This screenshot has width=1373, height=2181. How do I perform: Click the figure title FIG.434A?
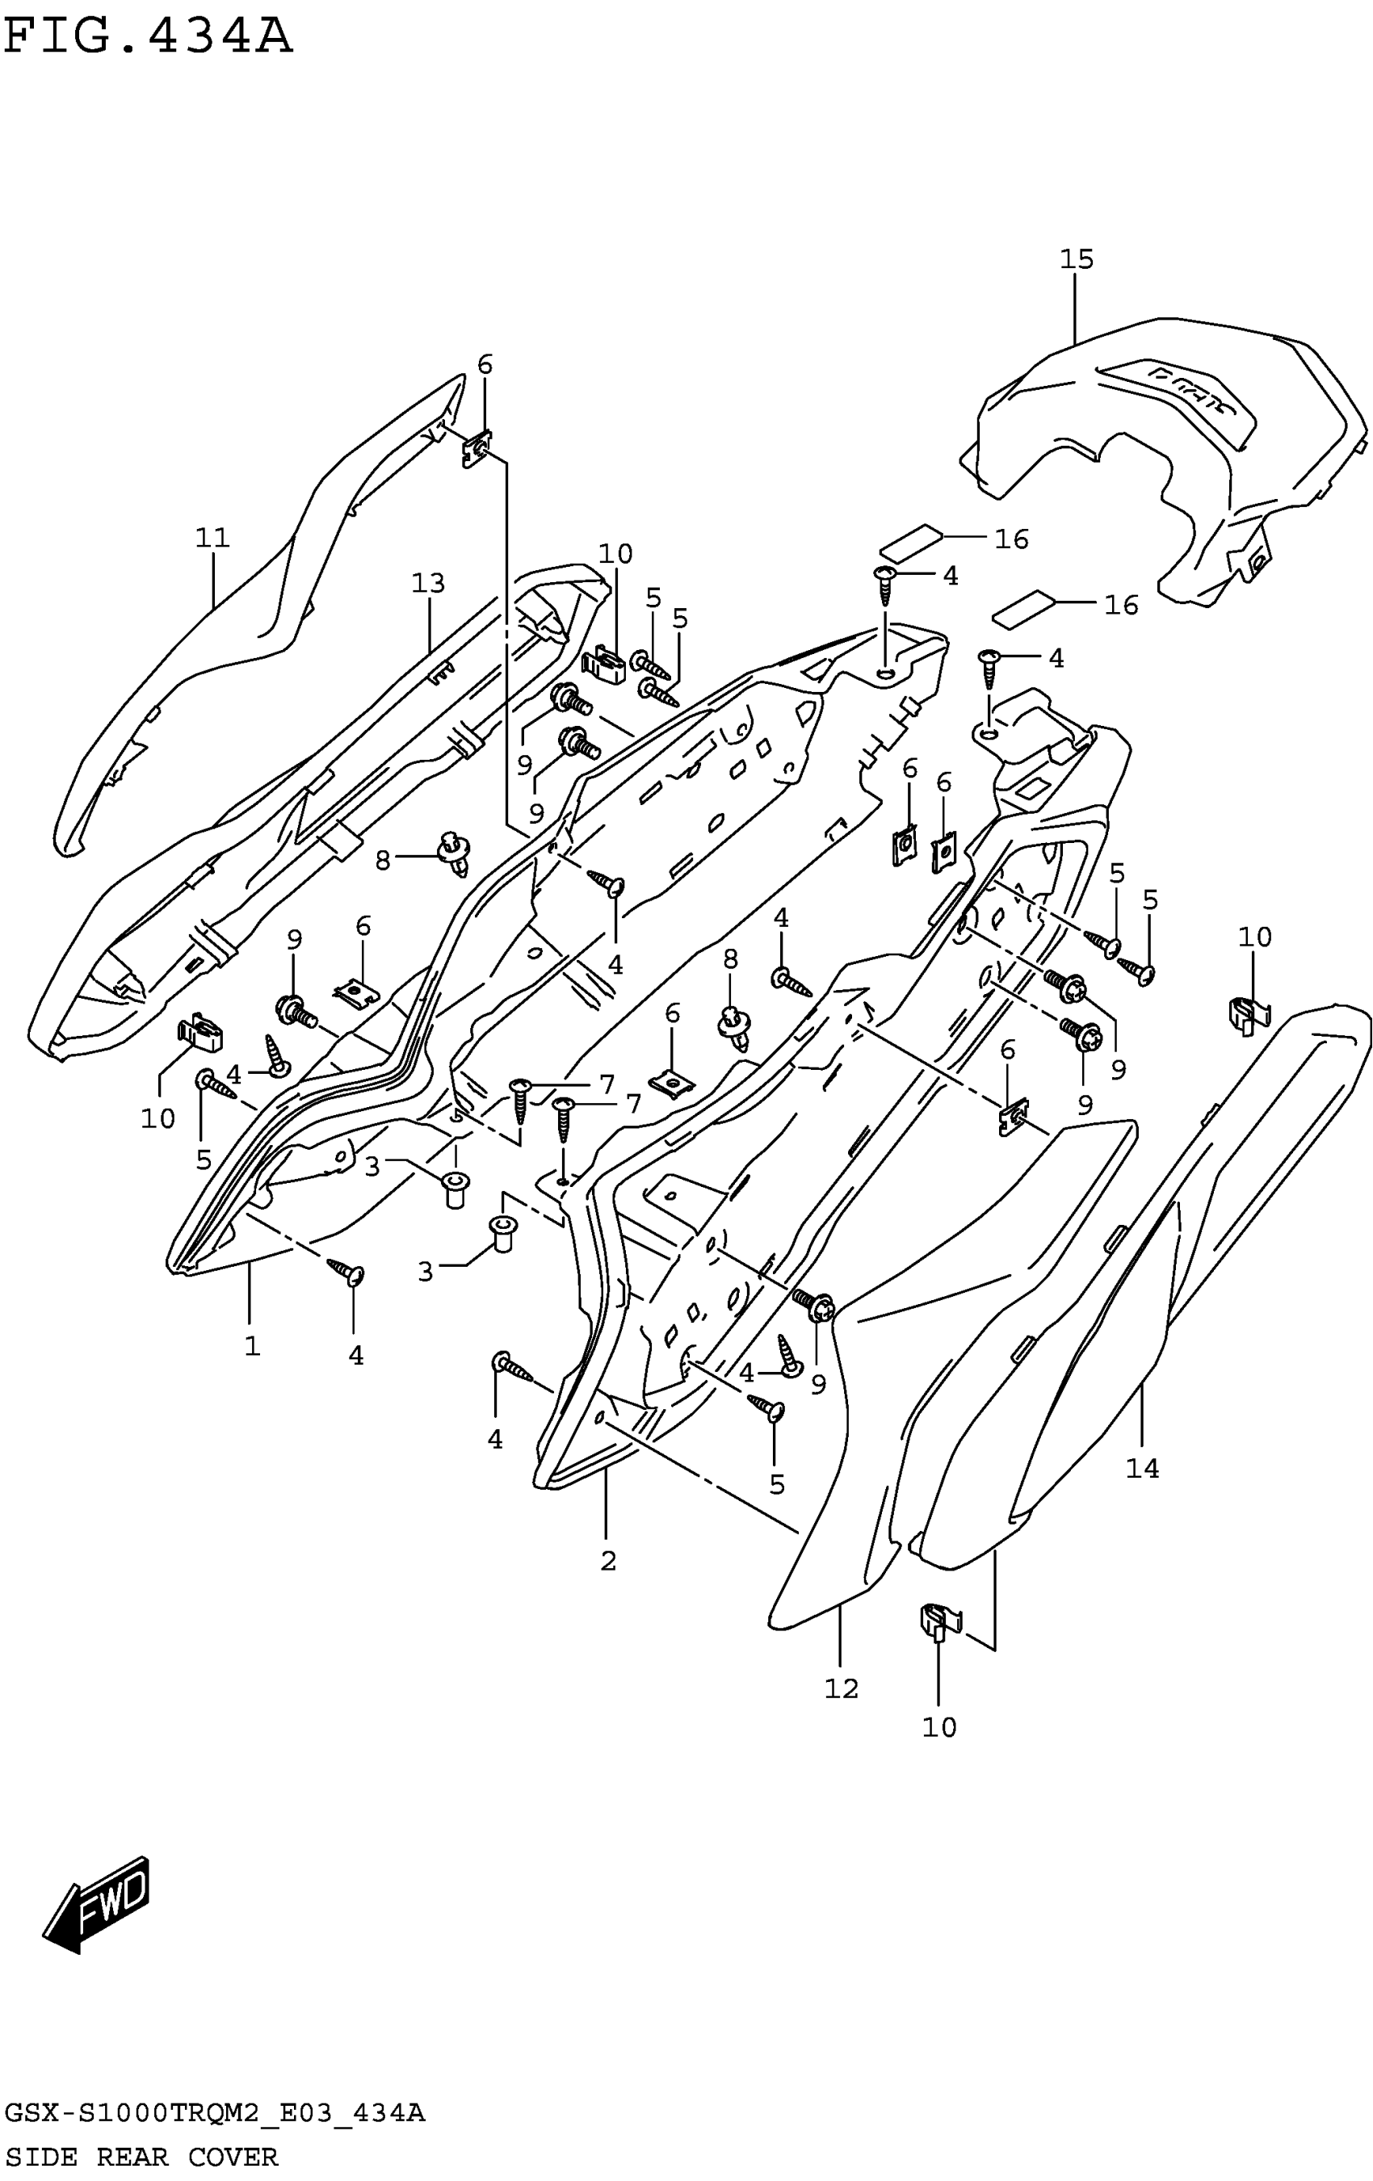pyautogui.click(x=148, y=37)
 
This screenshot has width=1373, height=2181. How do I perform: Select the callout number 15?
pyautogui.click(x=1076, y=260)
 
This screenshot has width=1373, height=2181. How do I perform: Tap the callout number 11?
pyautogui.click(x=213, y=538)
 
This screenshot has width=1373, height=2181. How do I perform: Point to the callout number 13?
pyautogui.click(x=427, y=583)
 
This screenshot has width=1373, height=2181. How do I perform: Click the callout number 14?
pyautogui.click(x=1142, y=1468)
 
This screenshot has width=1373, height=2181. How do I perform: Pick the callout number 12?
pyautogui.click(x=841, y=1688)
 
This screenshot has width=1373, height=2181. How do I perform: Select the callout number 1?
pyautogui.click(x=252, y=1346)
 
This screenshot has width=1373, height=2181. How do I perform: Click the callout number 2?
pyautogui.click(x=607, y=1561)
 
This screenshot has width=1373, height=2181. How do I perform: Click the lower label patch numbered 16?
pyautogui.click(x=1024, y=610)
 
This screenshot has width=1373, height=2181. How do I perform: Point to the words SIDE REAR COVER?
pyautogui.click(x=141, y=2157)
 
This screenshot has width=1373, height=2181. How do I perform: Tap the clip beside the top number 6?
pyautogui.click(x=478, y=447)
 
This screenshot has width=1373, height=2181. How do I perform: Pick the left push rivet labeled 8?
pyautogui.click(x=455, y=851)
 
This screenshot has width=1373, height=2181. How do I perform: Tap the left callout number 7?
pyautogui.click(x=606, y=1084)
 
